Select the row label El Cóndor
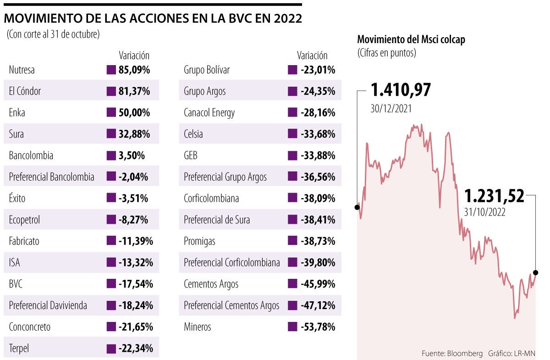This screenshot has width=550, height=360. pos(25,91)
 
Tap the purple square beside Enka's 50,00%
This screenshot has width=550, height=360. pos(110,113)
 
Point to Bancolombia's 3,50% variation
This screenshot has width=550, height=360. pos(131,155)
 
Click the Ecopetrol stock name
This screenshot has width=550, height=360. pos(24,220)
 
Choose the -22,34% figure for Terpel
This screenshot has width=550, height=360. pos(136,349)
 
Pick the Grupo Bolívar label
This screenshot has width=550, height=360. pos(207,70)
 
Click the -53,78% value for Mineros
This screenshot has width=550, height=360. pos(318,327)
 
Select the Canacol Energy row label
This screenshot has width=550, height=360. pos(209,113)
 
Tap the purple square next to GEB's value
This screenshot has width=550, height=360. pos(292,155)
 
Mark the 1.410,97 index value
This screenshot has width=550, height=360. pos(401,90)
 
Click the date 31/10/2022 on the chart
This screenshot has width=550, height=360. pos(484,212)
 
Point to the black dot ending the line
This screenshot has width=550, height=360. pos(536,272)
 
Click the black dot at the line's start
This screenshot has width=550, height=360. pos(357,207)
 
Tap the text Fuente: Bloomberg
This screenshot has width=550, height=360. pos(452,354)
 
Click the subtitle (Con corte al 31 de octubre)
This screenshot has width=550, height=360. pos(53,34)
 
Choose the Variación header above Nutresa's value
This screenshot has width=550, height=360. pos(134,55)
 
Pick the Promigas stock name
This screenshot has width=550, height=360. pos(199,241)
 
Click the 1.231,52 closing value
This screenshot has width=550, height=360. pos(494,197)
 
